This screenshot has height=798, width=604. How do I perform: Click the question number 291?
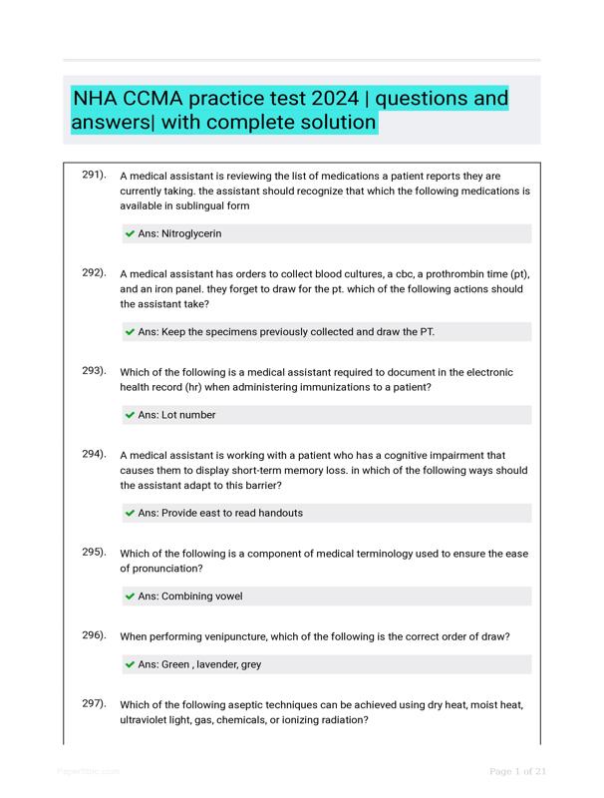click(x=94, y=175)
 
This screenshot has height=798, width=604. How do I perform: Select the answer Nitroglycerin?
click(x=179, y=233)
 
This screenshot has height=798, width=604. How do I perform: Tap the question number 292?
click(x=94, y=272)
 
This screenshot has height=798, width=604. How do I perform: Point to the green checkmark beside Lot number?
click(x=130, y=415)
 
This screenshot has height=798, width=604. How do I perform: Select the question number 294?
click(x=94, y=454)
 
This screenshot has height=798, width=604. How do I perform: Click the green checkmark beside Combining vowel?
click(x=130, y=597)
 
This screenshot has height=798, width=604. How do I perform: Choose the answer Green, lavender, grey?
click(x=199, y=664)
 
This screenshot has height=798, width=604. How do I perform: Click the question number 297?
click(x=94, y=703)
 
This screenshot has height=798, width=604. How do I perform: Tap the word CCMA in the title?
click(x=168, y=99)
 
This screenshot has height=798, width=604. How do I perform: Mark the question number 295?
click(x=94, y=552)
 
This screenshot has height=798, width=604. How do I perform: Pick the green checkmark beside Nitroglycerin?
click(x=130, y=233)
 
